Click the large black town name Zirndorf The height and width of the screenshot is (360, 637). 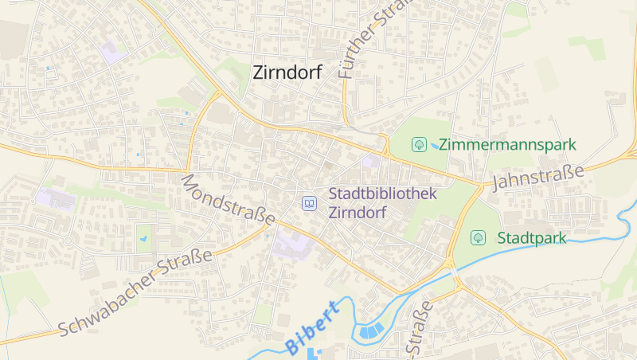point(287,72)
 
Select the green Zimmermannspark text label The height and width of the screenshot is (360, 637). point(506,145)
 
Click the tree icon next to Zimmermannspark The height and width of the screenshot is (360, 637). point(418,144)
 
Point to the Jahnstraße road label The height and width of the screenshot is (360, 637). point(538,177)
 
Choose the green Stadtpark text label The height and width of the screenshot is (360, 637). point(531,237)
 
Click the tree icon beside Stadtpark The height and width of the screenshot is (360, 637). point(478,237)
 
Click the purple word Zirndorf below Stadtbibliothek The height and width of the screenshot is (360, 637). point(357,213)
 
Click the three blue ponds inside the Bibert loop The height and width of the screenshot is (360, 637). point(369,330)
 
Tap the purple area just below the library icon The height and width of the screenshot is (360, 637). point(293,241)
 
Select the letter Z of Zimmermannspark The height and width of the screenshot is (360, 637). point(444,145)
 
